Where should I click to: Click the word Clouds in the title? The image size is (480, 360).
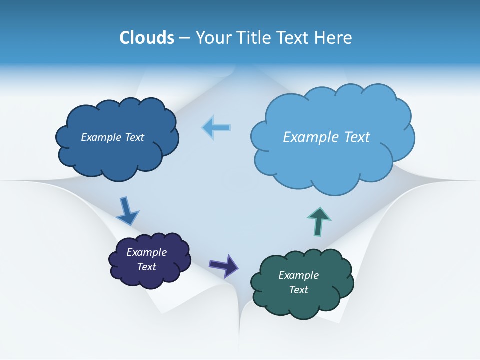tap(147, 38)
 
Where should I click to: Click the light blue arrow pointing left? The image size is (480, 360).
tap(217, 127)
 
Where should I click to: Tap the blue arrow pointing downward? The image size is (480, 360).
tap(127, 211)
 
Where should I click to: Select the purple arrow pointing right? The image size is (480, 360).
tap(224, 265)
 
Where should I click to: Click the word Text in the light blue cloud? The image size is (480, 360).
tap(356, 137)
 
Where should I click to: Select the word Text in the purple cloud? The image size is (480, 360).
tap(147, 267)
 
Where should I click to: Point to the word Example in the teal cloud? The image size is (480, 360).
tap(298, 275)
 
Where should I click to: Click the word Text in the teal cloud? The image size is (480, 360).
tap(298, 290)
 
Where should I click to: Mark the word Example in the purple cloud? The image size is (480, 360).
tap(147, 252)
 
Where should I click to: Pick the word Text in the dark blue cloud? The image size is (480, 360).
tap(134, 137)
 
